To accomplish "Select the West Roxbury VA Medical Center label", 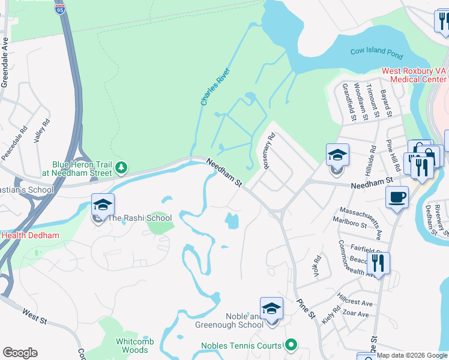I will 414,75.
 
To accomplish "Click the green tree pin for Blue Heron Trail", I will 122,167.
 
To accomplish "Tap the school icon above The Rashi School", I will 103,205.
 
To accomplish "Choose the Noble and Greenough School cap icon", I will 271,308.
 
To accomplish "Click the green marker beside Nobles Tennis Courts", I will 291,345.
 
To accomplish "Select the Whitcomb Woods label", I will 135,346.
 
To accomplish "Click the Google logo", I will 20,353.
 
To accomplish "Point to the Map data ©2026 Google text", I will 411,355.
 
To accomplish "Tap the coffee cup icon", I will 397,197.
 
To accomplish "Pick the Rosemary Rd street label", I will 268,149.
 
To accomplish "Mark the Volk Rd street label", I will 316,266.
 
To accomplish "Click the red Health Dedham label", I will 30,235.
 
